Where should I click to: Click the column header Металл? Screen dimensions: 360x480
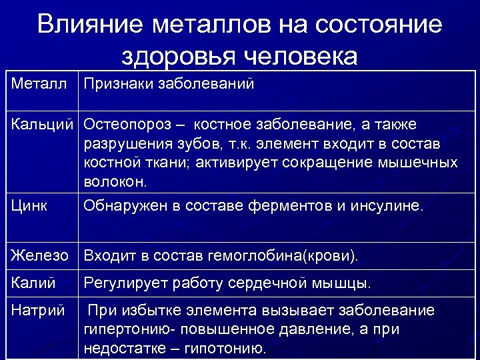point(39,85)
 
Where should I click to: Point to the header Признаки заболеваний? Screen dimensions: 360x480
point(169,85)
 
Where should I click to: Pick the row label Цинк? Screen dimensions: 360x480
point(29,206)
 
